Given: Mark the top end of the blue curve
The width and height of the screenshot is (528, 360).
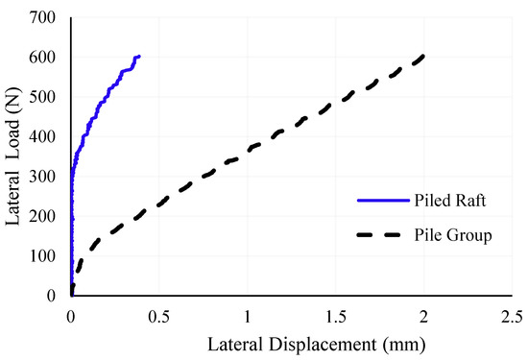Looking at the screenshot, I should pos(139,57).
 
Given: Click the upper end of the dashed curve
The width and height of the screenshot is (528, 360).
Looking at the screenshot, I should pos(423,57).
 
